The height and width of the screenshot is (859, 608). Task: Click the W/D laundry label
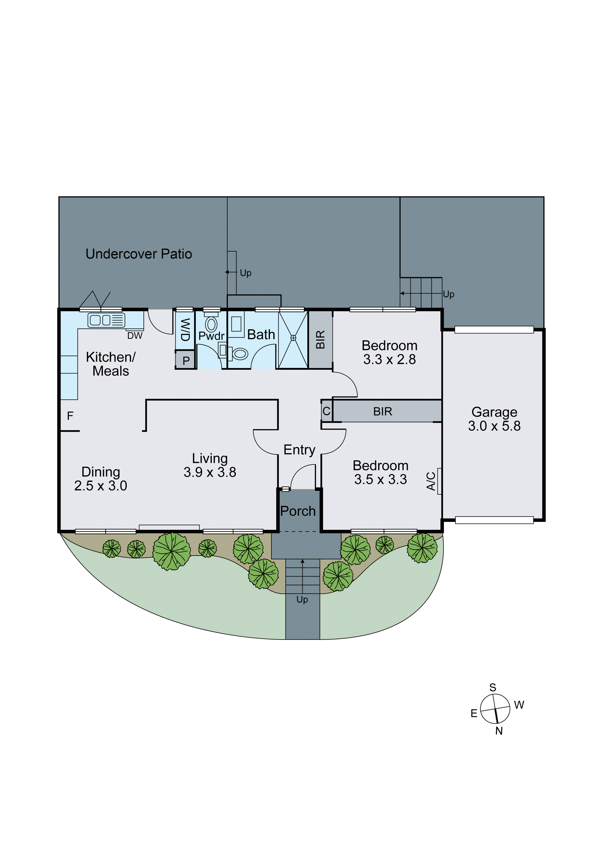click(x=185, y=330)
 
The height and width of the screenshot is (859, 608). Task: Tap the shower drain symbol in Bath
click(x=293, y=338)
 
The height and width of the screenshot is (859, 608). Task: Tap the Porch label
click(x=298, y=511)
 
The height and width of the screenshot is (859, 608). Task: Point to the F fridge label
click(x=70, y=416)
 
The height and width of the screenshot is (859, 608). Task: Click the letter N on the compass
click(x=499, y=731)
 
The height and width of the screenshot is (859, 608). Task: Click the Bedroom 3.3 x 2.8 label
click(x=389, y=352)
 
